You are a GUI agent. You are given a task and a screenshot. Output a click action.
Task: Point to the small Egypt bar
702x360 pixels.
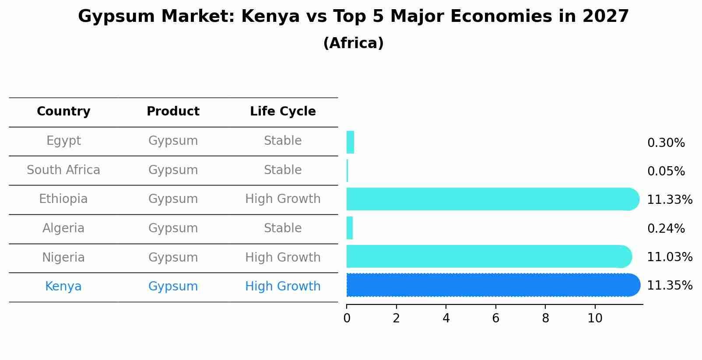350,143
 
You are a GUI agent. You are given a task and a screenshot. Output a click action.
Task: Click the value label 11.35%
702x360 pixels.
669,286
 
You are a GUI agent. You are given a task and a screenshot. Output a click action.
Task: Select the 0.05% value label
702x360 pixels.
666,171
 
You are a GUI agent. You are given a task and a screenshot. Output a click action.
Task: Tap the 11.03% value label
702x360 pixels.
669,257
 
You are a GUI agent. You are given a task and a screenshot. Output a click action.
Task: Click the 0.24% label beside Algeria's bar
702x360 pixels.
666,229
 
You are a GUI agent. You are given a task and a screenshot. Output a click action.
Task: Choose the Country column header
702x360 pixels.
63,112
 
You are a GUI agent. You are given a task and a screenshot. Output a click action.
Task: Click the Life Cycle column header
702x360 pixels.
283,112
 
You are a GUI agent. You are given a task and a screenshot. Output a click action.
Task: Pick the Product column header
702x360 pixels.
173,112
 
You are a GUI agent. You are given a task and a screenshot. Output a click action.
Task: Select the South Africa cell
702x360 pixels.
63,170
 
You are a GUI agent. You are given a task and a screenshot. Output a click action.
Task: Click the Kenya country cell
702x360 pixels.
63,287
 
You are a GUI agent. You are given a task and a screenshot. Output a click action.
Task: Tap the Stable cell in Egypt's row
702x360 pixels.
283,141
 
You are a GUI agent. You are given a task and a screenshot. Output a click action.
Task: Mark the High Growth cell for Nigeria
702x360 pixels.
283,258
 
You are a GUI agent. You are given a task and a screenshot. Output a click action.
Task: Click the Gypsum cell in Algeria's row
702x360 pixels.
173,228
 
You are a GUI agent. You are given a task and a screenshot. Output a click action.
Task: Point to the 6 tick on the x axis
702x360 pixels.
495,318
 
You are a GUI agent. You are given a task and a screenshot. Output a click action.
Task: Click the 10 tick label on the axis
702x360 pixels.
595,318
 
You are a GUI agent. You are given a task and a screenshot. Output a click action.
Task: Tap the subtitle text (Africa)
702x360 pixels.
353,43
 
